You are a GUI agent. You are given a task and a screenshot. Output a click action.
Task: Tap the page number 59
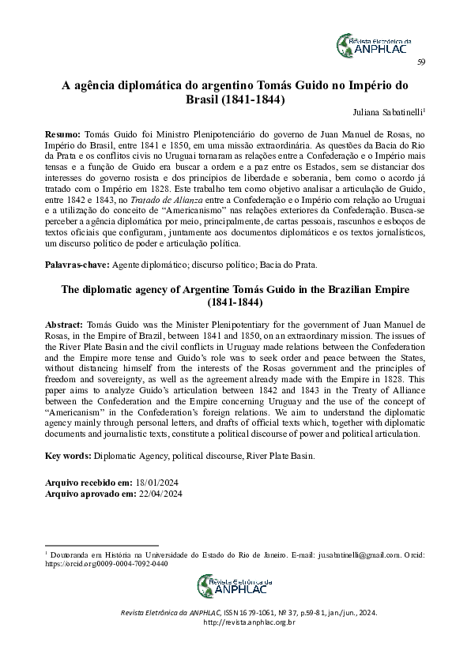(421, 63)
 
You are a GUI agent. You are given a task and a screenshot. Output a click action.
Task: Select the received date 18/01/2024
(160, 481)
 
